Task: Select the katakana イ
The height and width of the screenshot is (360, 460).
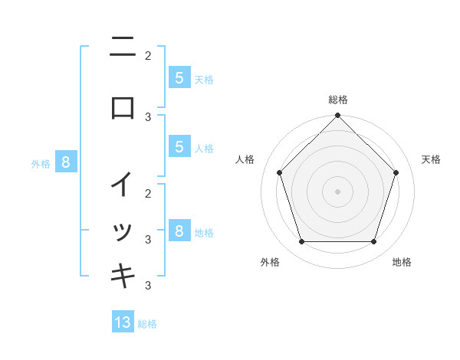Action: (123, 185)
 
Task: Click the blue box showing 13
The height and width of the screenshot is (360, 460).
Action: (123, 322)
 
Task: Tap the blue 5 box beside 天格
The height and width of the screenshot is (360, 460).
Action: (179, 77)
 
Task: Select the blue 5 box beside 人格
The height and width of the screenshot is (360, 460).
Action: (179, 147)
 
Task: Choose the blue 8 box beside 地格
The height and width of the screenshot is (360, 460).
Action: (179, 231)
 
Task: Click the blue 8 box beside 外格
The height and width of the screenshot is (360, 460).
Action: (66, 162)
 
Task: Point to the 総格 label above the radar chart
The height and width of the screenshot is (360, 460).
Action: (337, 100)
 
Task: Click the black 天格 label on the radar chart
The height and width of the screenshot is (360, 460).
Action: (432, 159)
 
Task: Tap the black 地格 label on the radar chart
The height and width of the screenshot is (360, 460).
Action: (402, 262)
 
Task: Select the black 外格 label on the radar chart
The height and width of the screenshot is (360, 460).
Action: (270, 262)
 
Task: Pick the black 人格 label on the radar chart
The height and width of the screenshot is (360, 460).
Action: (245, 159)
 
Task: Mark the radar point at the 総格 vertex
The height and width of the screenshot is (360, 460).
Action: (337, 116)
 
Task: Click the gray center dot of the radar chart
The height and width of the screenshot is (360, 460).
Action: (337, 191)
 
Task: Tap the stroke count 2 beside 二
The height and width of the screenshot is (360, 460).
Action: (148, 55)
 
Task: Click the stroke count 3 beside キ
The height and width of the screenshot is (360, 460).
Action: (148, 285)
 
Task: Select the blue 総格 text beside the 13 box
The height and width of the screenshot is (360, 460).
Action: (147, 324)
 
